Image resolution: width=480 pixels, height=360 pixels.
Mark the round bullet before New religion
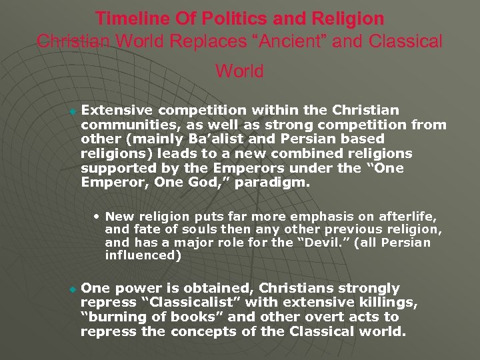98,216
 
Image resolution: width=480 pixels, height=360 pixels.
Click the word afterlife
406,216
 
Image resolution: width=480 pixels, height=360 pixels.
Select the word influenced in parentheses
138,255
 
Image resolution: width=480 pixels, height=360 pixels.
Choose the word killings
389,303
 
